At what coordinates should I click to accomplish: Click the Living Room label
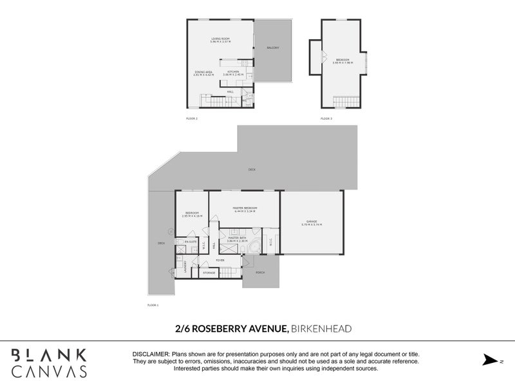tap(221, 39)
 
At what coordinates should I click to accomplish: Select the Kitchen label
tap(233, 71)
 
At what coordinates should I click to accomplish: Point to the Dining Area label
tap(203, 72)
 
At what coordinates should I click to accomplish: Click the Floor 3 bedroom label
tap(341, 61)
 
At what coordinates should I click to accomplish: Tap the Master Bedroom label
tap(245, 208)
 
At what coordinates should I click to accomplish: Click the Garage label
tap(312, 223)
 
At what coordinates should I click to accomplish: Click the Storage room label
tap(209, 273)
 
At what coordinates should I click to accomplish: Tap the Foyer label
tap(220, 260)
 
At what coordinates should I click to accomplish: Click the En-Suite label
tap(190, 242)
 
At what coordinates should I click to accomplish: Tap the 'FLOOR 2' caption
tap(191, 119)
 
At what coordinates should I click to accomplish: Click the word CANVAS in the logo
tap(50, 371)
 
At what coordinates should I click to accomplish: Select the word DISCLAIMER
tap(151, 354)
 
